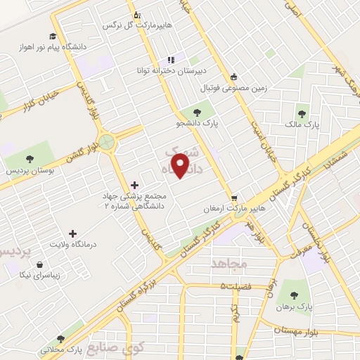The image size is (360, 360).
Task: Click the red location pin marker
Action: [x=182, y=166]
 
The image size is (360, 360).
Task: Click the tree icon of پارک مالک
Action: [x=302, y=113]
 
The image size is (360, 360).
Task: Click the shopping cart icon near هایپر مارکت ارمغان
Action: [x=234, y=198]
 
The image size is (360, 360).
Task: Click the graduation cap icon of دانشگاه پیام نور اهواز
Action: [x=53, y=37]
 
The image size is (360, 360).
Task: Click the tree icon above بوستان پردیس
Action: [x=29, y=159]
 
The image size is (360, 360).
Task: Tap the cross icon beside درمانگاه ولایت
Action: [x=72, y=233]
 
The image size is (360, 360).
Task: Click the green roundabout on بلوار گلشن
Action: [x=107, y=143]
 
